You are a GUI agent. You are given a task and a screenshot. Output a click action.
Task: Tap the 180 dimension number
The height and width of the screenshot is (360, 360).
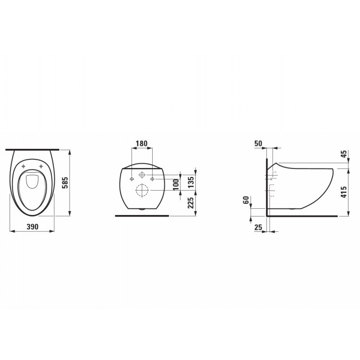pos(142,144)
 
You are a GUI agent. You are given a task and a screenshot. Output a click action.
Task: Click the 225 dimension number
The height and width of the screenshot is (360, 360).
pos(191,204)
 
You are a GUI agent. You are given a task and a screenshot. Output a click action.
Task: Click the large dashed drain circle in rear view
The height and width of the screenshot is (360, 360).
pos(142,190)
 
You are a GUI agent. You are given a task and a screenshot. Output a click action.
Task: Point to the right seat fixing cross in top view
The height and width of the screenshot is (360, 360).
pos(42,167)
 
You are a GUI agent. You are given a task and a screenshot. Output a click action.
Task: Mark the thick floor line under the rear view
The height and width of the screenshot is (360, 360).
pos(142,216)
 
